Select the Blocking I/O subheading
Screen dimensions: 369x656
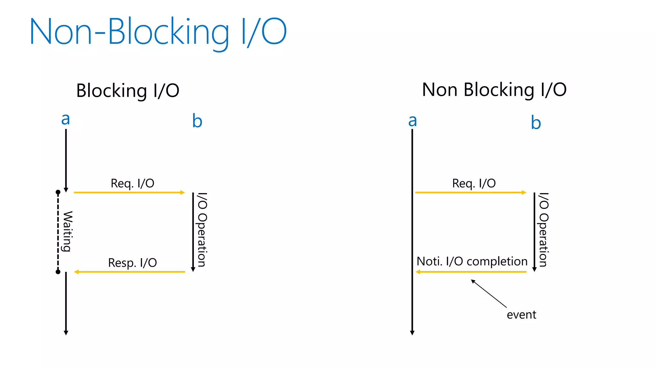tap(127, 91)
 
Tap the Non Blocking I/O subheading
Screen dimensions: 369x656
tap(494, 90)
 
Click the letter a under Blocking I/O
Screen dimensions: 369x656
tap(65, 119)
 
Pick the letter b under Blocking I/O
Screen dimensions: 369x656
tap(197, 121)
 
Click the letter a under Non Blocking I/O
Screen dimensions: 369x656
tap(413, 121)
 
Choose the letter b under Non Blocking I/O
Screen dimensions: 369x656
tap(536, 123)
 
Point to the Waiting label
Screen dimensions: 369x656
tap(68, 231)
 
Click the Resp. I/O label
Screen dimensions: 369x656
tap(132, 263)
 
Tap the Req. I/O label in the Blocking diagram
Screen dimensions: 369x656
tap(132, 184)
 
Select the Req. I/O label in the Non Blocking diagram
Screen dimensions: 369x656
tap(474, 184)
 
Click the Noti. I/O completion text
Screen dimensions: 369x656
tap(471, 261)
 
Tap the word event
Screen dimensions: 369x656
tap(521, 315)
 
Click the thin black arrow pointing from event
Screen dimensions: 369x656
tap(488, 293)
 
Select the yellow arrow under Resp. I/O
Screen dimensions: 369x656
tap(130, 272)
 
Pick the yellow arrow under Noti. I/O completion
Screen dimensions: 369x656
tap(471, 272)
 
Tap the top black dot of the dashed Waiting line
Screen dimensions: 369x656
tap(58, 192)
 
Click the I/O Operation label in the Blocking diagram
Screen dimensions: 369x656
tap(202, 230)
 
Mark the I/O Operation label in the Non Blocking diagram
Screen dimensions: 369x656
tap(543, 230)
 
